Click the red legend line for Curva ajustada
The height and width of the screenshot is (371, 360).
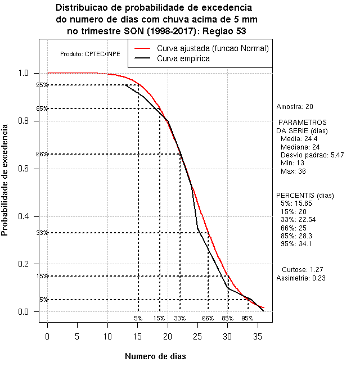click(x=142, y=48)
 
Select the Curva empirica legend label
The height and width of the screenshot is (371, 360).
click(x=183, y=58)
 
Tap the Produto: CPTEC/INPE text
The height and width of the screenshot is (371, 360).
click(x=90, y=54)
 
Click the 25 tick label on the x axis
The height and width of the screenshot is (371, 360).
click(x=197, y=337)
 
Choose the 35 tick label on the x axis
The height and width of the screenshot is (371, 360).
click(x=258, y=337)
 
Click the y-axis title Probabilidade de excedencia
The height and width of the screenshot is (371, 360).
click(x=4, y=180)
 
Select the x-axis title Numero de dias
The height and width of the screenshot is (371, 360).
click(x=155, y=356)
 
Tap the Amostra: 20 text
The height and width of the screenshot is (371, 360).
click(x=295, y=107)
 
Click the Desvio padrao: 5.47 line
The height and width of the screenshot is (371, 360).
click(x=312, y=155)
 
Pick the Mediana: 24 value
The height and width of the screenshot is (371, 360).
click(x=300, y=147)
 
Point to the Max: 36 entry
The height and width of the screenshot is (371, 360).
click(x=293, y=171)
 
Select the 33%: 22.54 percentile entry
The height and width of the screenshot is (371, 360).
click(x=298, y=220)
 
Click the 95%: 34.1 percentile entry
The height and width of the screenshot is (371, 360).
click(x=296, y=244)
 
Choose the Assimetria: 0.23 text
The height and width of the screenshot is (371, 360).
click(x=301, y=278)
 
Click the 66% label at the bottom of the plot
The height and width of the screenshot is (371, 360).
click(x=208, y=318)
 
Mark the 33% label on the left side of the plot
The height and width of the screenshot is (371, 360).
click(x=42, y=233)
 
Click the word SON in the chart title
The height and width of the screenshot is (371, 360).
click(x=134, y=31)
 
